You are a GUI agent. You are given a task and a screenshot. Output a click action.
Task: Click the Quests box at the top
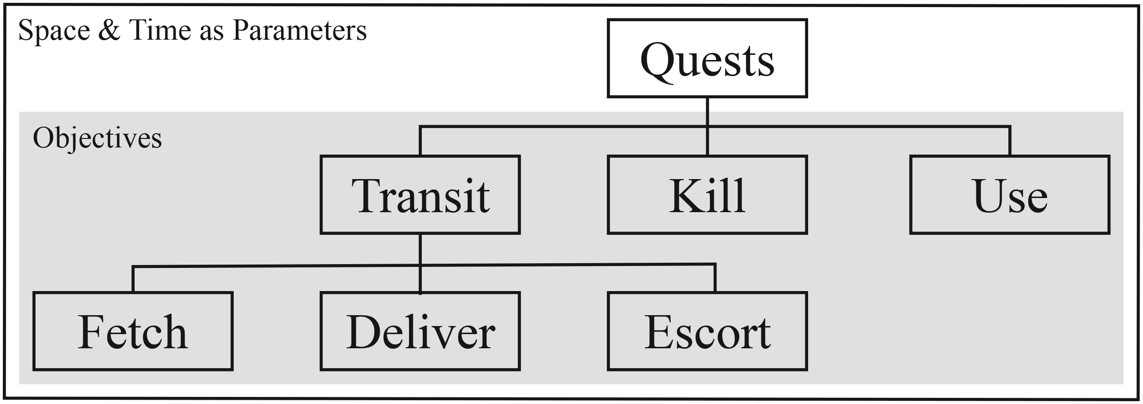707,58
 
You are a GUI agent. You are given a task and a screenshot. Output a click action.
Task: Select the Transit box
420,195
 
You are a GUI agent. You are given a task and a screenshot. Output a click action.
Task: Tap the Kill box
707,195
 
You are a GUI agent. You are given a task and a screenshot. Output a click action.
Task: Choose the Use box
1010,195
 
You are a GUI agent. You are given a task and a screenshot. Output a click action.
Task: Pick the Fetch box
133,331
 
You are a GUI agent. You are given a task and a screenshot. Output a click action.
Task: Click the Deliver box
420,331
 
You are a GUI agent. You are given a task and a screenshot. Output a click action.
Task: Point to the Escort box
707,331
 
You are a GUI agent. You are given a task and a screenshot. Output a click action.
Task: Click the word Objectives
97,139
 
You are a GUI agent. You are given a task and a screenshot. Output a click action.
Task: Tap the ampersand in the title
109,30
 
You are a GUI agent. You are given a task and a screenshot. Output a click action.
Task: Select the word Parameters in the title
300,30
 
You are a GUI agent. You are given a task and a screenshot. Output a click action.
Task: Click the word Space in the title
54,31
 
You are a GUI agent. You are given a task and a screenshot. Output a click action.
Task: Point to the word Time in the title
159,30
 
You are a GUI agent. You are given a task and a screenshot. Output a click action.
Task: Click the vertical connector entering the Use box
1010,141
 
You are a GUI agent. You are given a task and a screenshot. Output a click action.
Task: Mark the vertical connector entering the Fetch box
133,279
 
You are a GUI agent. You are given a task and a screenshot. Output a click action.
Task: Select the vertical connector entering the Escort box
715,278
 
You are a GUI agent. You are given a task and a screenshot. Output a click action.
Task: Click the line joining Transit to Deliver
420,264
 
